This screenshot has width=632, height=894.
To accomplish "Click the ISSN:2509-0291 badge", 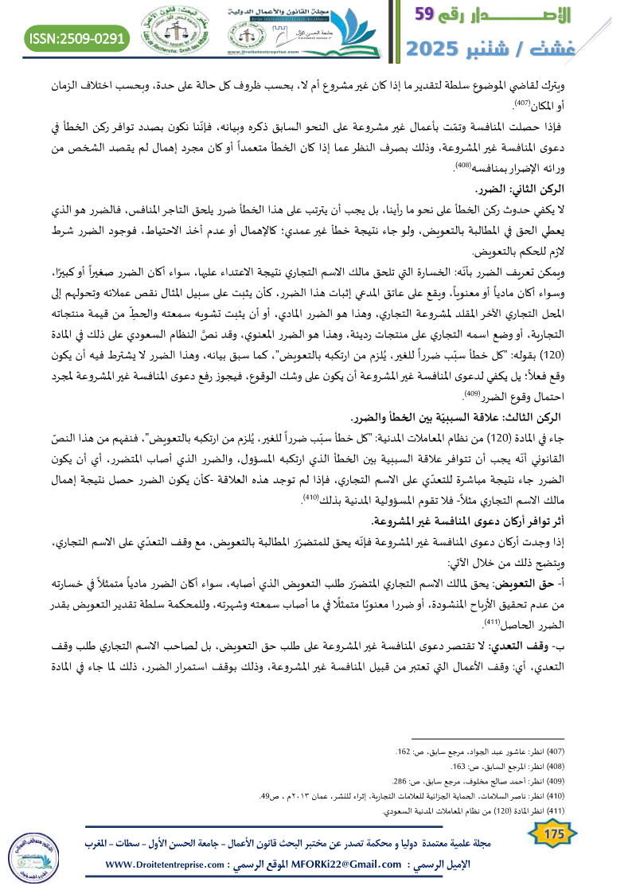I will click(77, 37).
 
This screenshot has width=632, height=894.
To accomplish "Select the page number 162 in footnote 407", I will click(404, 751).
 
